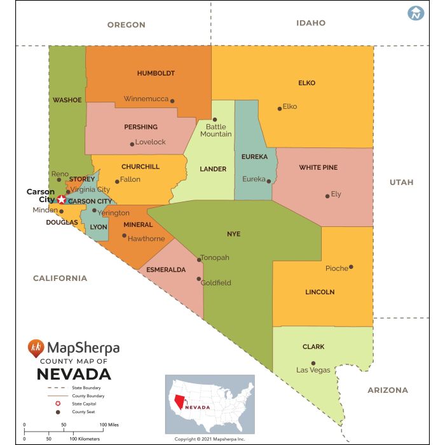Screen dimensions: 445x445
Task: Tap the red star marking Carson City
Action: point(61,200)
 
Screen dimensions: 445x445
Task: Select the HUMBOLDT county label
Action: point(156,73)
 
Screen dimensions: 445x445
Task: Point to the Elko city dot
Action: point(279,109)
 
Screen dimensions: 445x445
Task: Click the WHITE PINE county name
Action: point(318,168)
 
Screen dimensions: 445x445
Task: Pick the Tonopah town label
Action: point(215,257)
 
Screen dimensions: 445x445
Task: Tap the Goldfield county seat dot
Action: point(199,278)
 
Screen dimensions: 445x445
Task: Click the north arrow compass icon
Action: point(416,13)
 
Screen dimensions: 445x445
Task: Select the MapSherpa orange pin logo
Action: point(37,347)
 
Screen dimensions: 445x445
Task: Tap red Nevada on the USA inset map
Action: point(181,402)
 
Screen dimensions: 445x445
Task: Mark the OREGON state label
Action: point(126,25)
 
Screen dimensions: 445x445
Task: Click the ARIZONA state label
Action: point(387,390)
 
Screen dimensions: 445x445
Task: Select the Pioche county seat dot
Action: point(351,267)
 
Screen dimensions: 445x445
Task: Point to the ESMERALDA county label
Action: point(166,270)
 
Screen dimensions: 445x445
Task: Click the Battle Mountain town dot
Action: point(215,119)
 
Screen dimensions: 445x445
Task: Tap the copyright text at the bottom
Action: point(209,439)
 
